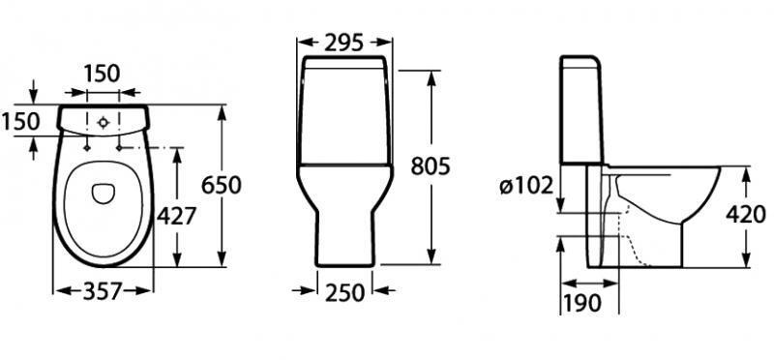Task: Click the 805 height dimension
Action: point(431,165)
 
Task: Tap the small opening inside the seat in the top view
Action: point(102,194)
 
